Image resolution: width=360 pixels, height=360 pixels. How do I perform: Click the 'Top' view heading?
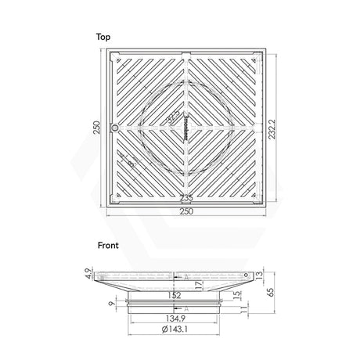(x=103, y=37)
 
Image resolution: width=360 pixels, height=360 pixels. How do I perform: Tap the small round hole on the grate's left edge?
(x=114, y=128)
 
